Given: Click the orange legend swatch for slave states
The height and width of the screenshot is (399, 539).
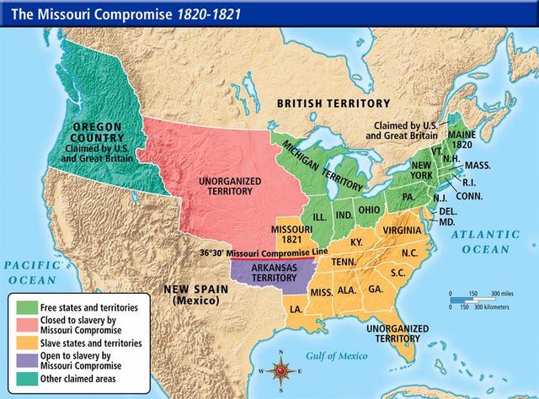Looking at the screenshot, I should [24, 343].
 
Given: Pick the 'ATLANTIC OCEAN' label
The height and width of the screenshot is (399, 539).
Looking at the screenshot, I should [483, 242].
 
